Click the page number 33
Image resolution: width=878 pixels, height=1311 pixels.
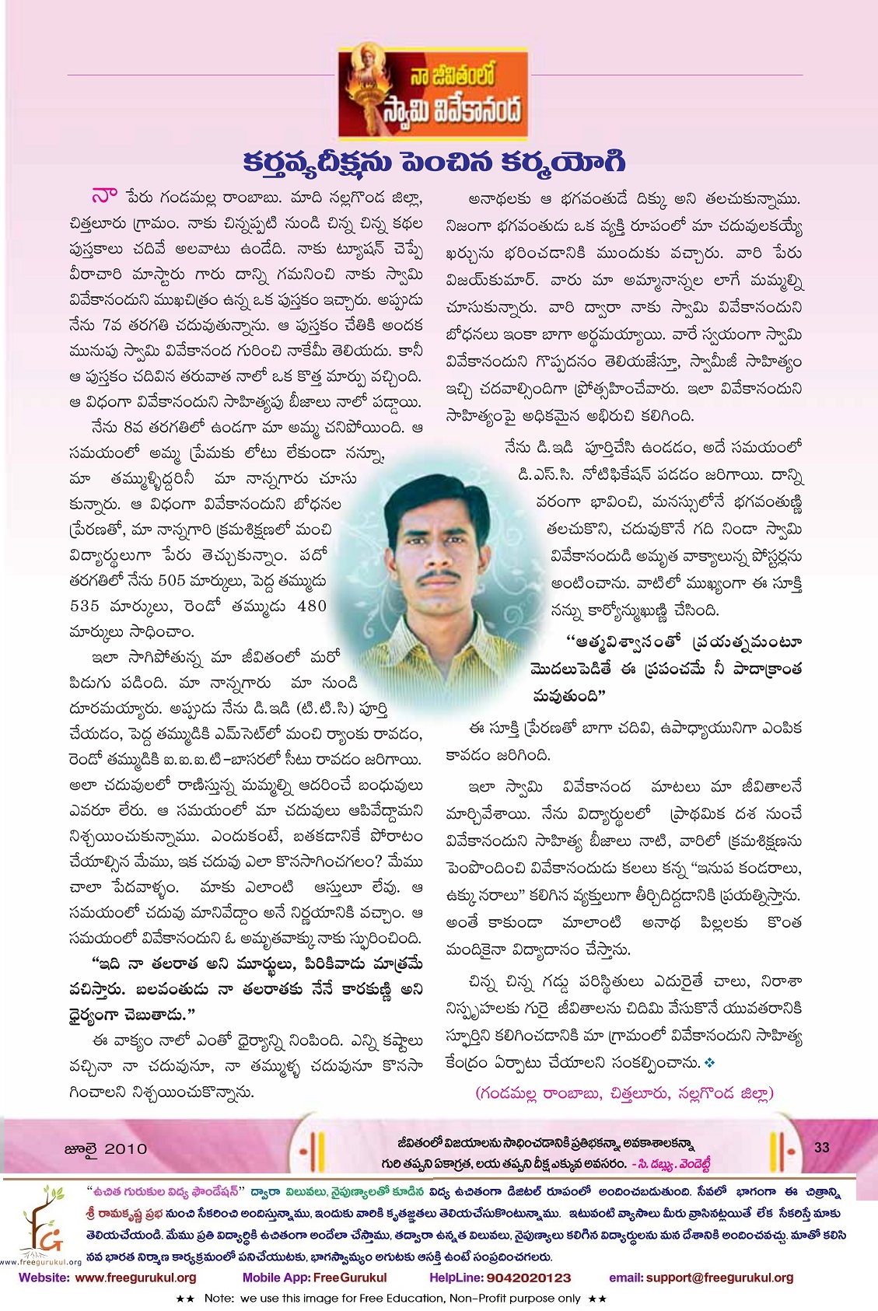822,1147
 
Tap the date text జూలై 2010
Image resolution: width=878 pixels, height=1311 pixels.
105,1148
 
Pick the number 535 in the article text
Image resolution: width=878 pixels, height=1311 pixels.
86,606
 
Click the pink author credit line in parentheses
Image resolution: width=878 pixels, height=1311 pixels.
625,1093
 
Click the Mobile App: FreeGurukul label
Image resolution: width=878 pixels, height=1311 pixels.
314,1278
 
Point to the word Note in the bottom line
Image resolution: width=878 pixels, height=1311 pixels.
220,1299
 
